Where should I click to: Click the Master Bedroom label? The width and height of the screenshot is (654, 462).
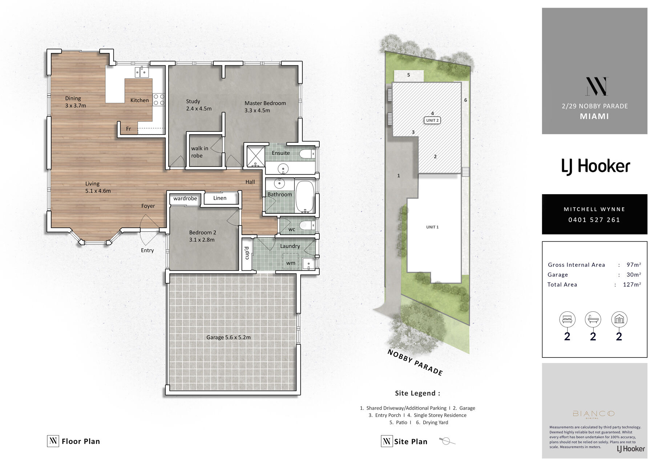[x=265, y=103]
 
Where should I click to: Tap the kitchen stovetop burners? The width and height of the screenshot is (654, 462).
[x=159, y=100]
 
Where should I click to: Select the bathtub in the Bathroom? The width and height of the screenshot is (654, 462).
[x=305, y=196]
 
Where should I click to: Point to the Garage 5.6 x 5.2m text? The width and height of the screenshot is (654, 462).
[x=229, y=337]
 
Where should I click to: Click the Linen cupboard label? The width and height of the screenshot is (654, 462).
[x=220, y=198]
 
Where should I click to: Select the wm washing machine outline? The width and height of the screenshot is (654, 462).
[x=291, y=261]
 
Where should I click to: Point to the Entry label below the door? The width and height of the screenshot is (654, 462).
[x=147, y=250]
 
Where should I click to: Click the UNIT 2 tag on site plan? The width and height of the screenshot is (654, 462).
[x=432, y=120]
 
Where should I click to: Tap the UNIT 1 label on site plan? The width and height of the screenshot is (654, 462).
[x=432, y=227]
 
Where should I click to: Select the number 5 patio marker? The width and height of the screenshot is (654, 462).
[x=409, y=75]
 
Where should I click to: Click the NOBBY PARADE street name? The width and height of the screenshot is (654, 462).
[x=415, y=362]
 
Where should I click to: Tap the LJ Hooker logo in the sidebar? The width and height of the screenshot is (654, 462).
[x=596, y=167]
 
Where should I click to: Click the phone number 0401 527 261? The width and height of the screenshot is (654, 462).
[x=594, y=220]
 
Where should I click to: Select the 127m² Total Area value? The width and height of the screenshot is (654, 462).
[x=632, y=285]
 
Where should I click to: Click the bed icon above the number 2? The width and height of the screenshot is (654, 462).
[x=567, y=319]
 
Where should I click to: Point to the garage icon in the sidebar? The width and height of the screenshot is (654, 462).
[x=619, y=319]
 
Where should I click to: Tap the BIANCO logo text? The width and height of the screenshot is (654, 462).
[x=594, y=414]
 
